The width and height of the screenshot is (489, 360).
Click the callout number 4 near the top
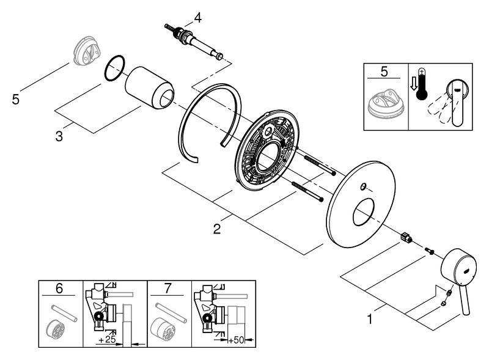(197, 18)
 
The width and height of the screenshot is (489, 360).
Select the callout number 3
(59, 136)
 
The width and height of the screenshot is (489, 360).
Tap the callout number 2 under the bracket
(217, 229)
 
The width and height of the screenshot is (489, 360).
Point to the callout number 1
(370, 319)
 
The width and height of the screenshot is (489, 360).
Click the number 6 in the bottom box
(59, 288)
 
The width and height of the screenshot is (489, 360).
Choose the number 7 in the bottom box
(167, 288)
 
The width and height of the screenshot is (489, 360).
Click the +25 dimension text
(107, 339)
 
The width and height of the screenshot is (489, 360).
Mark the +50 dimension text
(236, 340)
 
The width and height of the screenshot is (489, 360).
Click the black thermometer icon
(422, 84)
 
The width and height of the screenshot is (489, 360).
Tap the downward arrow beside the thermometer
(414, 84)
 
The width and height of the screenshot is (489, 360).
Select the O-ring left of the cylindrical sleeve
(114, 68)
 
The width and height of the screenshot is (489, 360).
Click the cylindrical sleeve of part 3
(149, 88)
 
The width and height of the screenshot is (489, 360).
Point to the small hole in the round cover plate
(362, 186)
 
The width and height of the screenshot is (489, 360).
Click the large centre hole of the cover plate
(363, 213)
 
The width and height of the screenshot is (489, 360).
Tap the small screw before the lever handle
(429, 251)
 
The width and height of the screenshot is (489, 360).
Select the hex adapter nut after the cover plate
(406, 237)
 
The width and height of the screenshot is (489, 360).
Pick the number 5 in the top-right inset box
(384, 72)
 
